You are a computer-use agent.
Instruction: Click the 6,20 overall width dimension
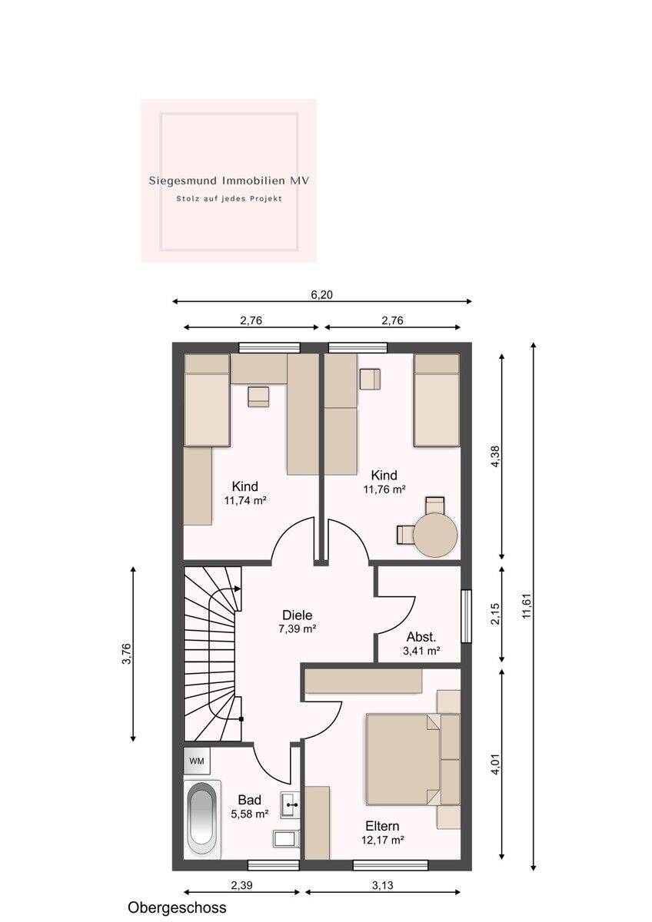point(321,295)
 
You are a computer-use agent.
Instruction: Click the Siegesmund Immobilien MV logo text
point(229,181)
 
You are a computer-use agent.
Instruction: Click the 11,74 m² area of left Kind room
point(244,500)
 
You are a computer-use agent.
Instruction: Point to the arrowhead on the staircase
point(238,589)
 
